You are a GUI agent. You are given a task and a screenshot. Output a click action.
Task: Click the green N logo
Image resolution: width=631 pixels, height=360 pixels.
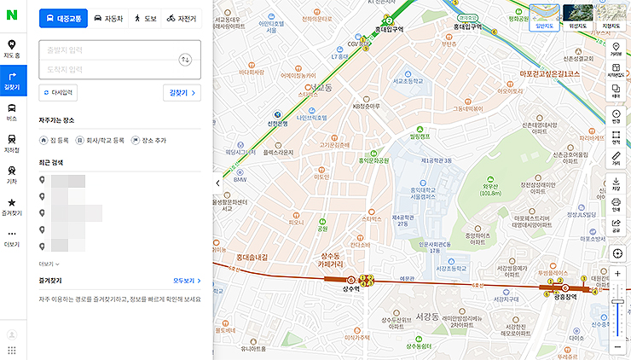click(12, 16)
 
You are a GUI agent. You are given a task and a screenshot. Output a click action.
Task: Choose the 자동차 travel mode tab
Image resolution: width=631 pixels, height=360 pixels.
click(107, 17)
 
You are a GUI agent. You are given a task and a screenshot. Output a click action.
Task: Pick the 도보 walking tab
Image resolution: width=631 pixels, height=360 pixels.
click(143, 17)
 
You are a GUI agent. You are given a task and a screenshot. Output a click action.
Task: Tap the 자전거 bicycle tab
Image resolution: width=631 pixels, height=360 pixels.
click(182, 17)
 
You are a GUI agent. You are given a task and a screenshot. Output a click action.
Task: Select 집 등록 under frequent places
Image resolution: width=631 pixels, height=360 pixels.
click(55, 140)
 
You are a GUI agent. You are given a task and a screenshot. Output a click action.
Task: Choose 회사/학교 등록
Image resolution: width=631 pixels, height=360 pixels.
click(100, 140)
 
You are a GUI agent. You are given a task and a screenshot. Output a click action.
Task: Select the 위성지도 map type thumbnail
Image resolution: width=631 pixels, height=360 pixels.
click(578, 16)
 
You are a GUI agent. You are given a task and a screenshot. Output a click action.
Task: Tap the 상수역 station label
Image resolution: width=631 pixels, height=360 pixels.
click(350, 289)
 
